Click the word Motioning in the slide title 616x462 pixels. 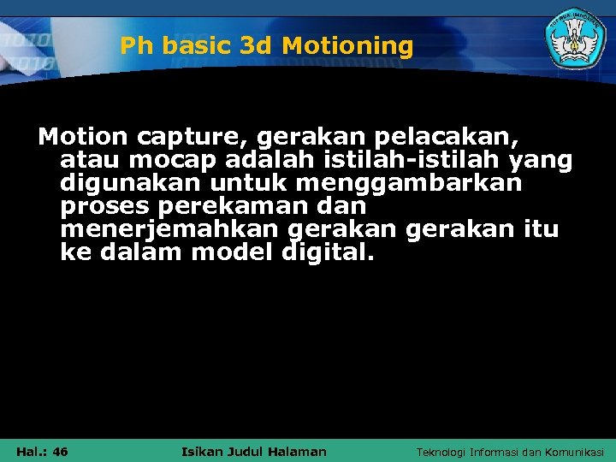coord(347,45)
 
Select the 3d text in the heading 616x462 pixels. coord(255,45)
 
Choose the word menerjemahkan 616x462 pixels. coord(170,230)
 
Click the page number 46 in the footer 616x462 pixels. coord(59,452)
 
